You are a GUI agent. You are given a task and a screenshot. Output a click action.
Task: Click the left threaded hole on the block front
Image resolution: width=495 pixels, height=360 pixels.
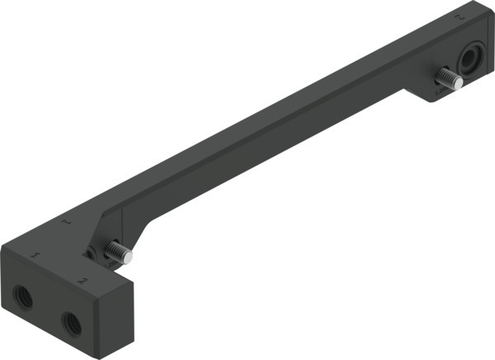(x=25, y=297)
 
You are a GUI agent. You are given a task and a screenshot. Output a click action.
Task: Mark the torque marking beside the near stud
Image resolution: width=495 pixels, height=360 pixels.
(x=102, y=263)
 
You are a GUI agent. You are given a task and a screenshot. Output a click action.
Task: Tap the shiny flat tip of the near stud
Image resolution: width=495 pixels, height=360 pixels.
(x=130, y=258)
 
